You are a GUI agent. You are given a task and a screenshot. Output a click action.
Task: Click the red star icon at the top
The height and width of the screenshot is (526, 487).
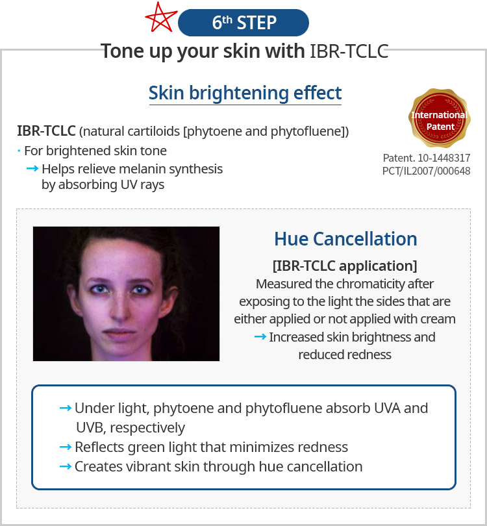point(160,18)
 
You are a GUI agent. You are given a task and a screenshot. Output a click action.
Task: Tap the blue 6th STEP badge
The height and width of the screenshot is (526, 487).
point(243,23)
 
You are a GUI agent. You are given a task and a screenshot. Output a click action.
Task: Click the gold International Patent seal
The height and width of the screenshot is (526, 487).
point(440,118)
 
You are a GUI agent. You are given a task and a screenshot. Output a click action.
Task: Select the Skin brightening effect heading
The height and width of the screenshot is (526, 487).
point(245,93)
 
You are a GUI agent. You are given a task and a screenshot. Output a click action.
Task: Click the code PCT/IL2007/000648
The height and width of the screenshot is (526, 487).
point(427,171)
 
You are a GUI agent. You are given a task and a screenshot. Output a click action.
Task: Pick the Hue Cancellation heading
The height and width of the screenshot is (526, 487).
point(346,239)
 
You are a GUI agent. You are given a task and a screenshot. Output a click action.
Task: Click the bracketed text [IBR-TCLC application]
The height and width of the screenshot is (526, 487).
point(345,266)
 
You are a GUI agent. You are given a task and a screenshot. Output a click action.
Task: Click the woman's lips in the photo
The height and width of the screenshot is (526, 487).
point(119,333)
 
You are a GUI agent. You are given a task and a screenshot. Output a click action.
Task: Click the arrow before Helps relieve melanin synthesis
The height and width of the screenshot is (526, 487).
point(32,168)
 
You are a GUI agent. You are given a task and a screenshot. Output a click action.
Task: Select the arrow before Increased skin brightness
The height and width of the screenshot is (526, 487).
point(260,336)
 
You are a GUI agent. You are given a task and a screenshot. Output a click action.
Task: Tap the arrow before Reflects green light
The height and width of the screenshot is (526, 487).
point(66,447)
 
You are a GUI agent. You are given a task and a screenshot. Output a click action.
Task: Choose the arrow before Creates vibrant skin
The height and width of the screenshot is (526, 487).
point(66,466)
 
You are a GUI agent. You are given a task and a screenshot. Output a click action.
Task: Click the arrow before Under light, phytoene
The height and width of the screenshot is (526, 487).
point(66,408)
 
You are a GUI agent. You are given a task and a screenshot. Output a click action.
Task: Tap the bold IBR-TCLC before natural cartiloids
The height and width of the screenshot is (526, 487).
point(46,131)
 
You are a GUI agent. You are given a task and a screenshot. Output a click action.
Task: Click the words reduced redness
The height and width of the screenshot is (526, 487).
point(345,355)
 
